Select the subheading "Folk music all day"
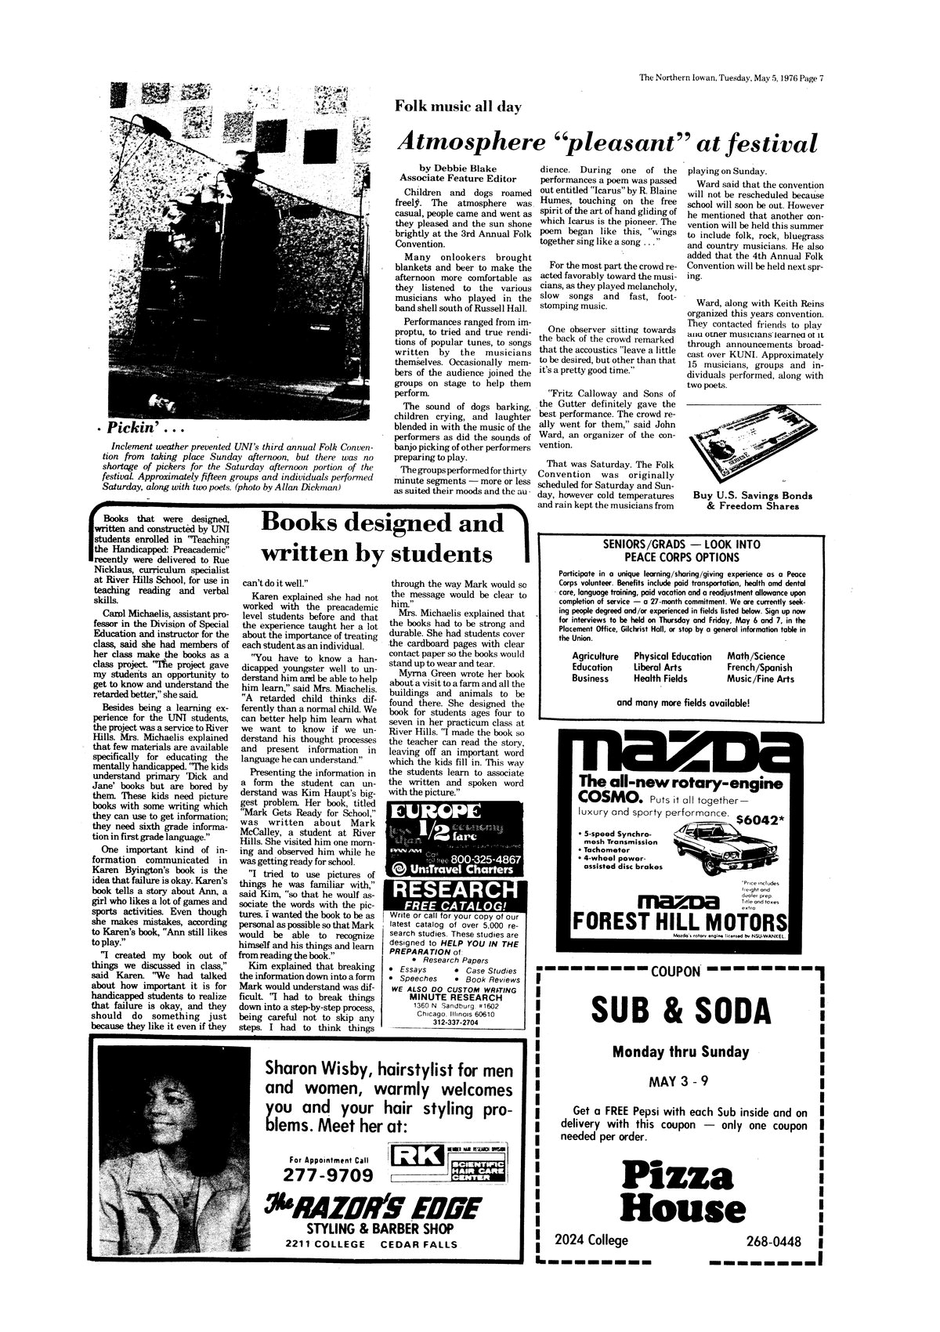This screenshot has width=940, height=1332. (458, 106)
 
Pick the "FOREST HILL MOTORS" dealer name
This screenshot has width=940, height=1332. (678, 921)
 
